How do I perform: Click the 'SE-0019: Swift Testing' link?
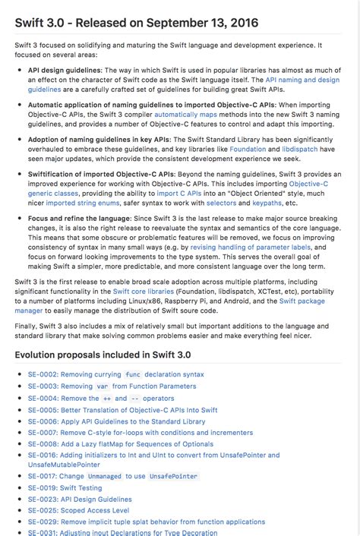[65, 488]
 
